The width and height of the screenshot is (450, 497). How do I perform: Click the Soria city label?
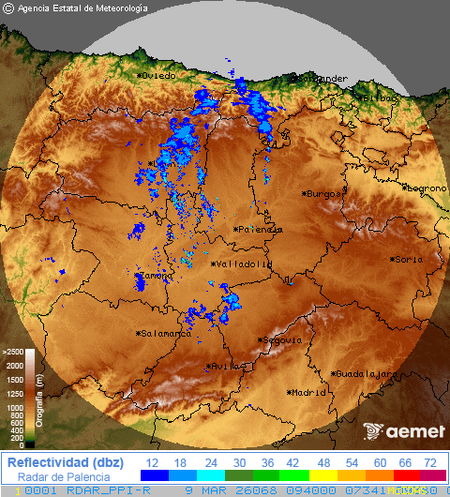[x=408, y=260]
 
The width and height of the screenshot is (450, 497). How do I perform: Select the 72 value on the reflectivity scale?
[x=429, y=463]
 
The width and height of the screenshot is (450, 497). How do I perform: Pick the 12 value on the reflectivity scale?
[x=152, y=463]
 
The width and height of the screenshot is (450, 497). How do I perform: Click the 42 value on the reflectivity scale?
[x=291, y=463]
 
